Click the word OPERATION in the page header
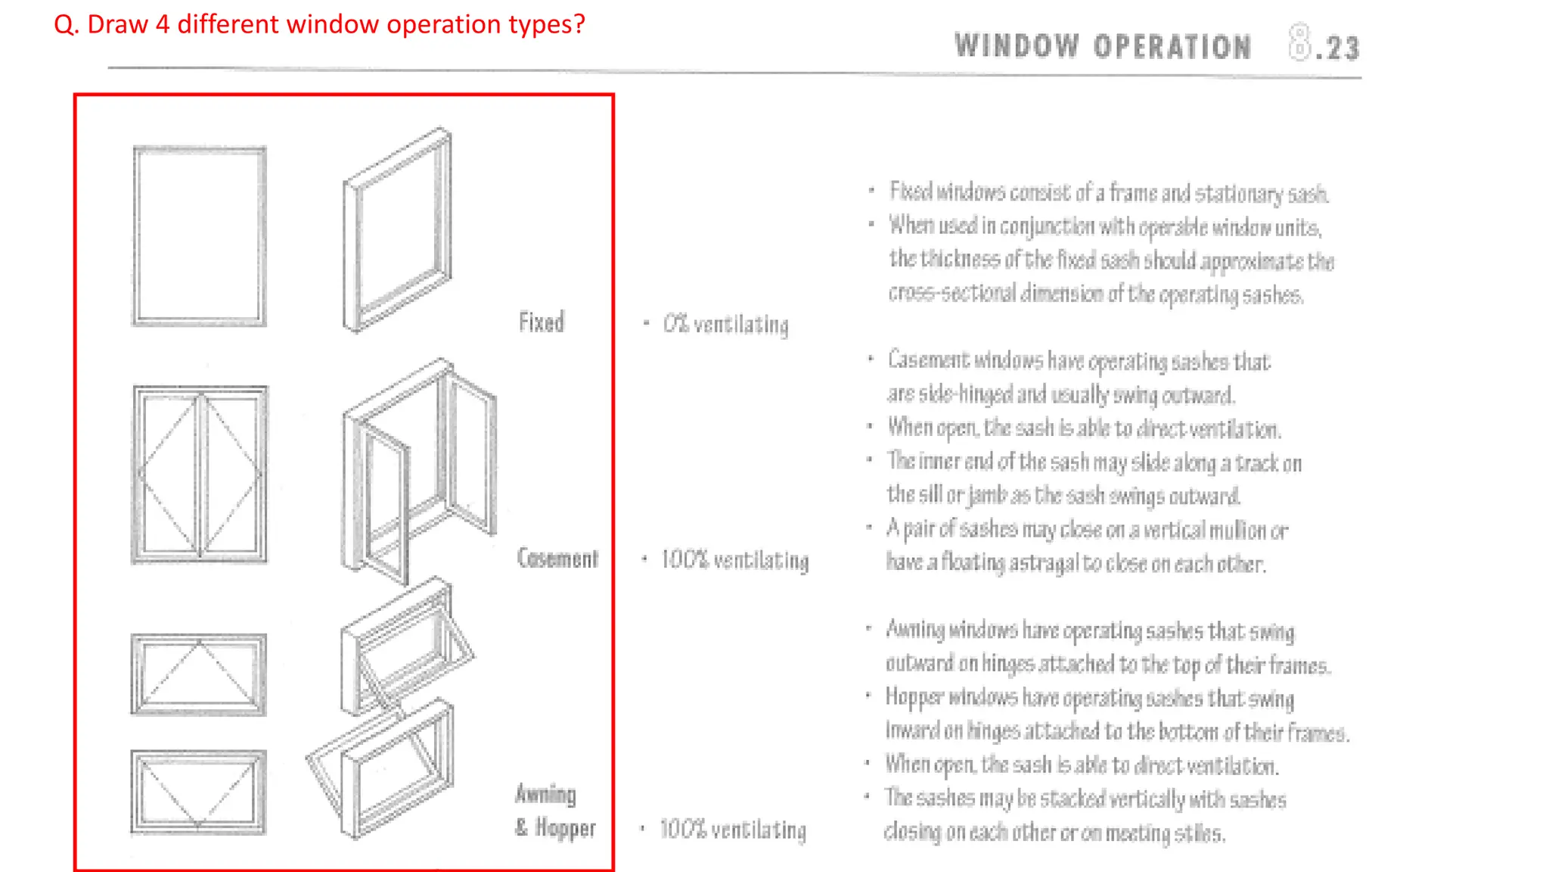click(x=1172, y=47)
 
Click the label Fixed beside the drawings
click(x=541, y=322)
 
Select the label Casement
click(x=557, y=559)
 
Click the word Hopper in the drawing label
click(x=565, y=828)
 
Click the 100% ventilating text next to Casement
click(x=734, y=560)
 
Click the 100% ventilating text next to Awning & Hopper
click(x=732, y=830)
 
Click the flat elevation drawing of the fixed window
click(x=200, y=236)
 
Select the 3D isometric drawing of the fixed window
click(x=398, y=231)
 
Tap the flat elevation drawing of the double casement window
click(x=200, y=475)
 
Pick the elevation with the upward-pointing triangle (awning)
click(x=199, y=674)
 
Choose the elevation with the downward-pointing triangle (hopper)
click(x=199, y=792)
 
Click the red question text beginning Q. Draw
click(x=319, y=24)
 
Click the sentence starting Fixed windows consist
click(x=1108, y=193)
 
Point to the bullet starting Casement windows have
click(x=1079, y=361)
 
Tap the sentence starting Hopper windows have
click(x=1089, y=698)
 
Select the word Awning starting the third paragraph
click(x=915, y=630)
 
